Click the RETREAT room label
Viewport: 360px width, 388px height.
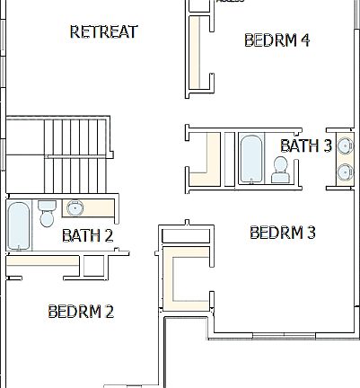[x=103, y=32]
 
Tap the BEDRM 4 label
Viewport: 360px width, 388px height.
[x=277, y=40]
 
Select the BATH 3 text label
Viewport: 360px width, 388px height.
[x=306, y=145]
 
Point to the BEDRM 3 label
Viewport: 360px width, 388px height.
[x=282, y=233]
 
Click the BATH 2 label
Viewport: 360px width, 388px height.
[x=87, y=236]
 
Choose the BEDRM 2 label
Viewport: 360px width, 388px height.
[x=80, y=312]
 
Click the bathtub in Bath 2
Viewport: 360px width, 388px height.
[x=18, y=226]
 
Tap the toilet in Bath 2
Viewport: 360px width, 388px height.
[x=47, y=215]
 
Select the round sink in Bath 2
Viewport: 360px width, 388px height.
[x=75, y=209]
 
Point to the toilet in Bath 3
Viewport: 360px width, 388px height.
[x=280, y=168]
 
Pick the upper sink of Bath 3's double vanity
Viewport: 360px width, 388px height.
[x=345, y=144]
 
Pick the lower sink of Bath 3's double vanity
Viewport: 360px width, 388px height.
[x=345, y=171]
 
